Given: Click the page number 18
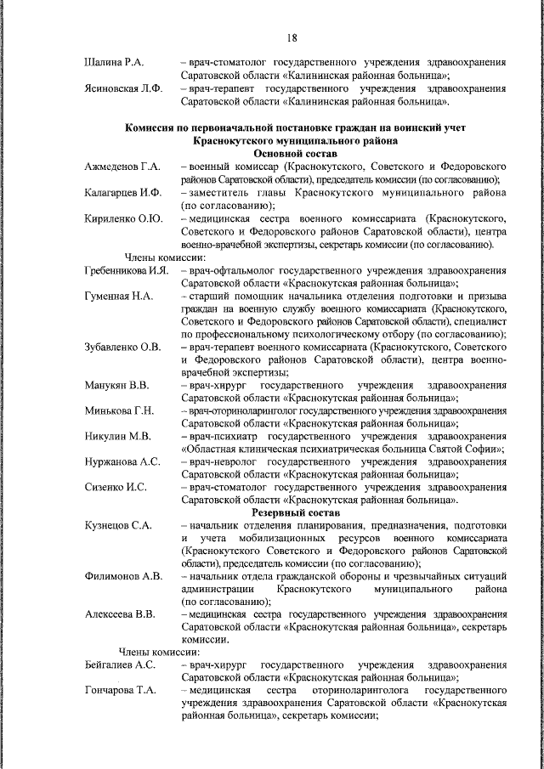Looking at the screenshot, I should (291, 37).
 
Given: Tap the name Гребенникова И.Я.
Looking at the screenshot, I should (128, 270).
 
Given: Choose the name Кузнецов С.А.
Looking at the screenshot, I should (118, 526).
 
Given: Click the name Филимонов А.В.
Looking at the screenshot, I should (123, 576).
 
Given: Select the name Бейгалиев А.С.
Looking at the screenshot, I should (120, 665).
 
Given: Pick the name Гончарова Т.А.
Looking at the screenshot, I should (121, 691).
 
